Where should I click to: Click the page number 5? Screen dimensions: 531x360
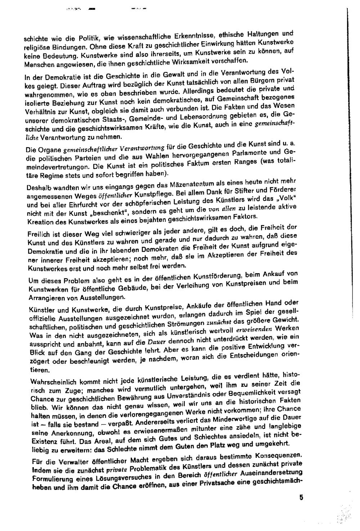[x=301, y=497]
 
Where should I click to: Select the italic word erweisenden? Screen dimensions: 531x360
[x=254, y=329]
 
